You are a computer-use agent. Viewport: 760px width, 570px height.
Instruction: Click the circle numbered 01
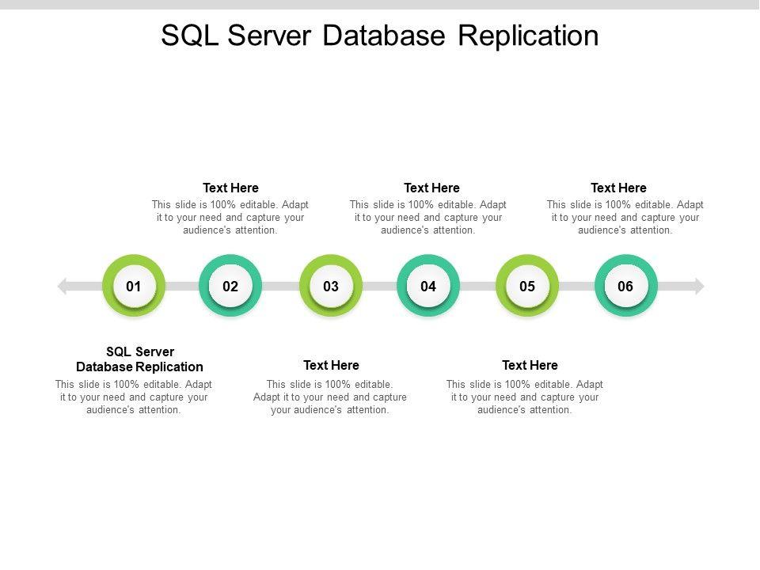coord(134,286)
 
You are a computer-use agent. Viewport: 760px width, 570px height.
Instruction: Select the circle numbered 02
coord(230,286)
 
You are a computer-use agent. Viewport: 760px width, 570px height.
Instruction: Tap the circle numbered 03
coord(331,286)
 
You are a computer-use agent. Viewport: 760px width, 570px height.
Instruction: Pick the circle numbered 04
coord(428,286)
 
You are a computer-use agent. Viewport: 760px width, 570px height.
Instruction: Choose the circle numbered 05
coord(527,286)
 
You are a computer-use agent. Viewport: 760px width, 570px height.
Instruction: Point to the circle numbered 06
coord(625,286)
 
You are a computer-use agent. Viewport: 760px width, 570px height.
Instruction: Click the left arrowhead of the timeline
coord(63,286)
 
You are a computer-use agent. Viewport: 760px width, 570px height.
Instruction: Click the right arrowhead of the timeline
coord(698,286)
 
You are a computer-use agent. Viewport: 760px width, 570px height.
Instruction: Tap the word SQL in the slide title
coord(188,36)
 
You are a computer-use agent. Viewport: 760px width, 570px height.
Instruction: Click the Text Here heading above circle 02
coord(230,188)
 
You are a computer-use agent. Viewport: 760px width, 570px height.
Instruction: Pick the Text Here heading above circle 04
coord(431,188)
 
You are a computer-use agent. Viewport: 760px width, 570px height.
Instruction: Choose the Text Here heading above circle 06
coord(618,188)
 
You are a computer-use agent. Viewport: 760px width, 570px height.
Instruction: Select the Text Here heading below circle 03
coord(331,365)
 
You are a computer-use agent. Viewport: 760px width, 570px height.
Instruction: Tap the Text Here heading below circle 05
coord(530,365)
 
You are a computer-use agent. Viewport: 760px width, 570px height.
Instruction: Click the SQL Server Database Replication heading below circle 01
coord(139,359)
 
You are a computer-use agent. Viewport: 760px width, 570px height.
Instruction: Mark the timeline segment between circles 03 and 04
coord(380,286)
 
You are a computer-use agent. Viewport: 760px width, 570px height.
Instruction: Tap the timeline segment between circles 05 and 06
coord(576,286)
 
